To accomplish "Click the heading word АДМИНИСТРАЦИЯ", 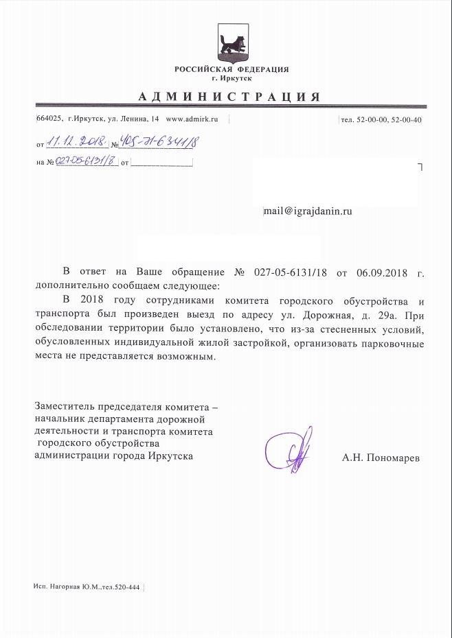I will tap(229, 96).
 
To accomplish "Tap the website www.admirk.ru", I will tap(193, 119).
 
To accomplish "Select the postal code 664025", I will tap(50, 119).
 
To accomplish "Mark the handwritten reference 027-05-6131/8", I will tap(84, 162).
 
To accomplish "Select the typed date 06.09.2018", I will tap(383, 272).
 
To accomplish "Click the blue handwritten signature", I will tap(291, 450).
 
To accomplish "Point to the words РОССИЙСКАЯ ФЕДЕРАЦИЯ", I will tap(231, 69).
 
